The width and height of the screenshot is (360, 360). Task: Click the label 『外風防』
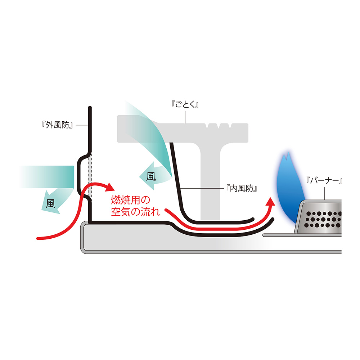click(x=58, y=125)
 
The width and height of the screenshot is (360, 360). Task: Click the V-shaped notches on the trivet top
click(x=218, y=126)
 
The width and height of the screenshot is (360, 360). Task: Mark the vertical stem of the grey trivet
click(x=210, y=180)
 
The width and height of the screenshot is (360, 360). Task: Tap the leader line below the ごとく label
click(x=185, y=117)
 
